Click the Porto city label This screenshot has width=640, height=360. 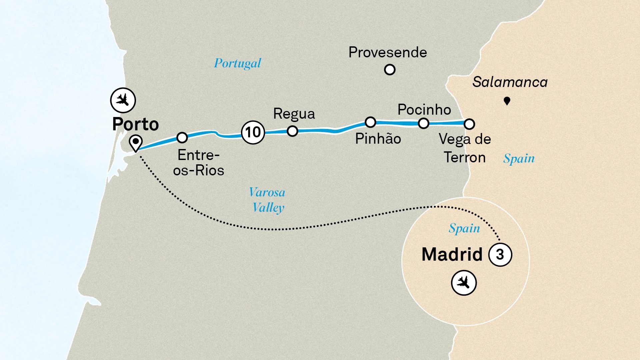coord(135,124)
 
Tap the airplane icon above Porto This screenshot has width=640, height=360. coord(123,100)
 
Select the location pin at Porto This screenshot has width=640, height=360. coord(136,143)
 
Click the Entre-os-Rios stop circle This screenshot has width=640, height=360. coord(182,137)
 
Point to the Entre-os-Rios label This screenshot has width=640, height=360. coord(199,163)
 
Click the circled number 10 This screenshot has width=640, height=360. coord(253,132)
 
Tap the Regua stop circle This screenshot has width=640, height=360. coord(292,131)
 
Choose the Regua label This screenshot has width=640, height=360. coord(294,114)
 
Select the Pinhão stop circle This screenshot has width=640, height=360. coord(370,122)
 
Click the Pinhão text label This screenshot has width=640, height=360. coord(378,139)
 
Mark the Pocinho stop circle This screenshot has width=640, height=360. coord(423,123)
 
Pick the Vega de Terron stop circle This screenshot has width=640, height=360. coord(469,124)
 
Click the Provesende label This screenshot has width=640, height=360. coord(388,52)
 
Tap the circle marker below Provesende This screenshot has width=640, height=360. coord(390,70)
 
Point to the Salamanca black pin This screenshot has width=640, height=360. coord(507,101)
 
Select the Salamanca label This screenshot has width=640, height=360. coord(510,82)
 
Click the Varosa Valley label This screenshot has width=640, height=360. coord(268,200)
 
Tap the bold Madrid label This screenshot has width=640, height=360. coord(452,255)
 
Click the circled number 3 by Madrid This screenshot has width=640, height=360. coord(500,255)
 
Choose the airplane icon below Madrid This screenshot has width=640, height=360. coord(464,283)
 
